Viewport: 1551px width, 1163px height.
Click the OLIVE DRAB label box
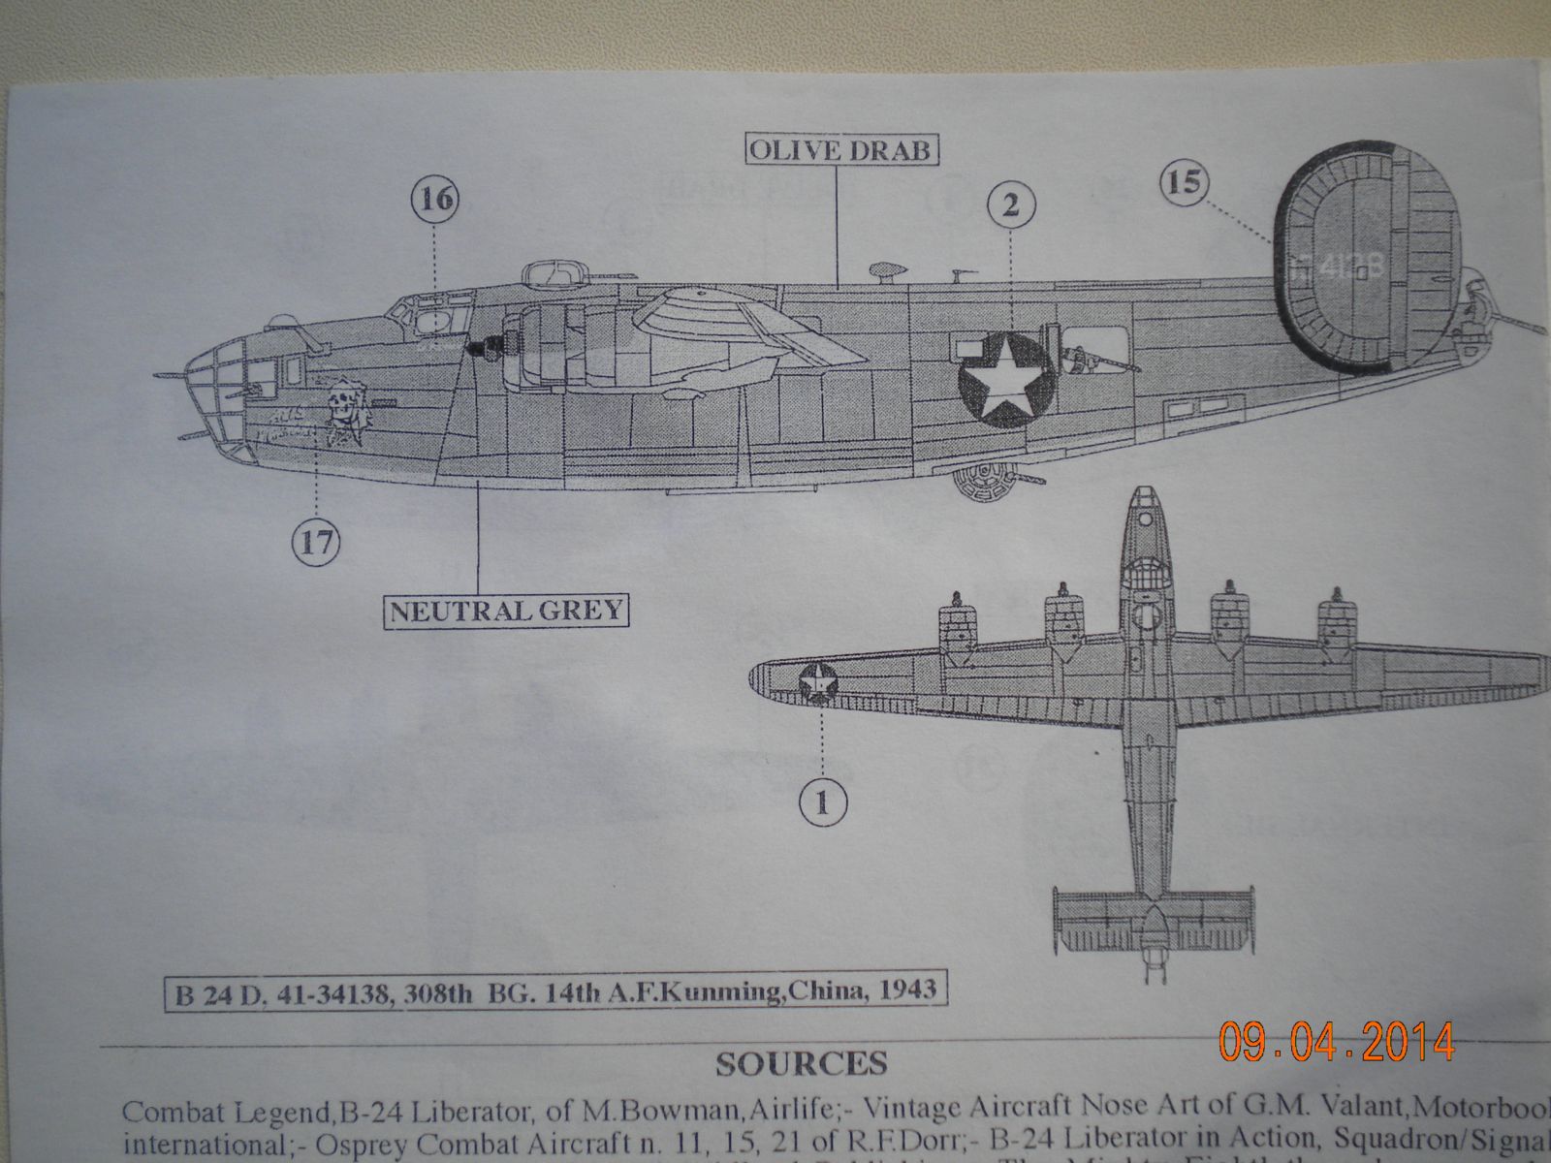pyautogui.click(x=839, y=150)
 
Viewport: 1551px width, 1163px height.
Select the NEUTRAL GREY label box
pyautogui.click(x=505, y=612)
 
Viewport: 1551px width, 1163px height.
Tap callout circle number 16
pyautogui.click(x=435, y=201)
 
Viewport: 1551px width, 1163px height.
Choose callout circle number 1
pyautogui.click(x=822, y=802)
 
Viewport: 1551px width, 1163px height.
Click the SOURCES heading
pyautogui.click(x=801, y=1063)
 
